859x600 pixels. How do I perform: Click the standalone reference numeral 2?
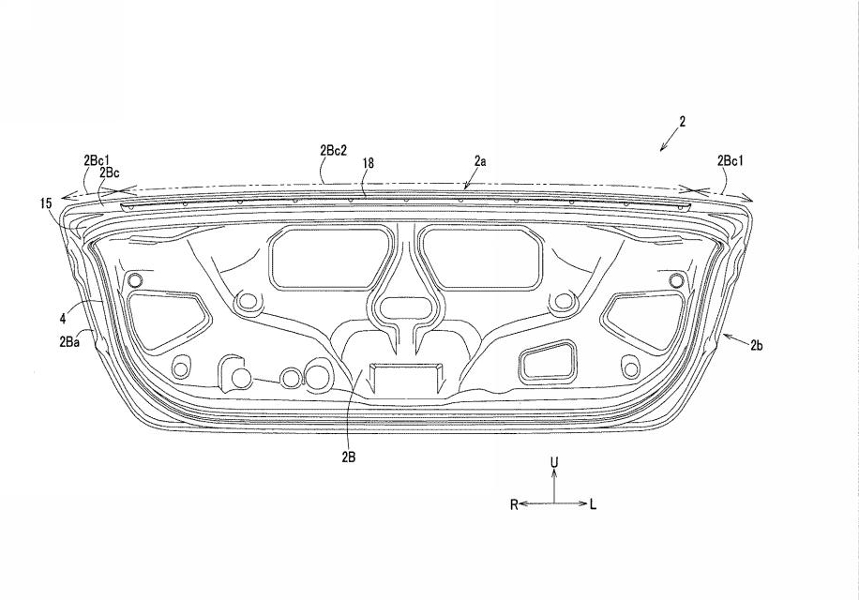click(x=682, y=122)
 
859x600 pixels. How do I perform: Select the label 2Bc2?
click(x=333, y=151)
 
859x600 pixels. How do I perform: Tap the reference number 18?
click(x=369, y=163)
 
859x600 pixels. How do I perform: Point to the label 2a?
click(x=480, y=161)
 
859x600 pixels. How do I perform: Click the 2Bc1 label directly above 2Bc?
click(x=97, y=160)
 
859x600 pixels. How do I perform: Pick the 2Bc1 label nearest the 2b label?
click(x=731, y=160)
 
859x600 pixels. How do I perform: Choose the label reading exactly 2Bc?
click(x=110, y=172)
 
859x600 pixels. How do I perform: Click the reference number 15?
click(x=46, y=203)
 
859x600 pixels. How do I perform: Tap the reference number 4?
click(x=63, y=318)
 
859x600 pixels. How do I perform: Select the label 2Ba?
click(x=69, y=341)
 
